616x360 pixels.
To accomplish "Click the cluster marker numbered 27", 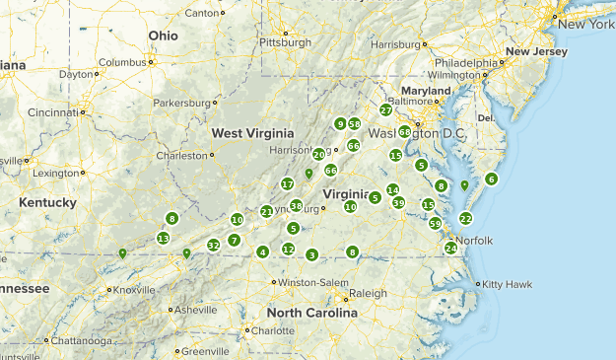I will (x=385, y=109).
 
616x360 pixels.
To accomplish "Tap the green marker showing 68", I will (x=405, y=131).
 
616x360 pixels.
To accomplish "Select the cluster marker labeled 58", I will (x=354, y=124).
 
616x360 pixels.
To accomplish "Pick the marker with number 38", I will (x=296, y=206).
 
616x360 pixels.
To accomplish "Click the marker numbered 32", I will (x=213, y=245).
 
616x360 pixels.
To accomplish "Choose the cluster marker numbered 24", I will (x=450, y=248).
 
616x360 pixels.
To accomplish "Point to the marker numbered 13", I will (x=163, y=238).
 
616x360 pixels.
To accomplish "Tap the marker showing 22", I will (x=466, y=218).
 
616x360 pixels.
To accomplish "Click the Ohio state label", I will (x=164, y=35).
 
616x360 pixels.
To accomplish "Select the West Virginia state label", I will (x=252, y=133).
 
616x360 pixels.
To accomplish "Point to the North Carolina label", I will (x=311, y=313).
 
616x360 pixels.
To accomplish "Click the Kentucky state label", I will (x=46, y=202).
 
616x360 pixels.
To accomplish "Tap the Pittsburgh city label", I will (x=284, y=42).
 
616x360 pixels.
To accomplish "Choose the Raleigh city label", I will (x=368, y=293).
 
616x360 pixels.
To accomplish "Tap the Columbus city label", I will (x=121, y=62).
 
